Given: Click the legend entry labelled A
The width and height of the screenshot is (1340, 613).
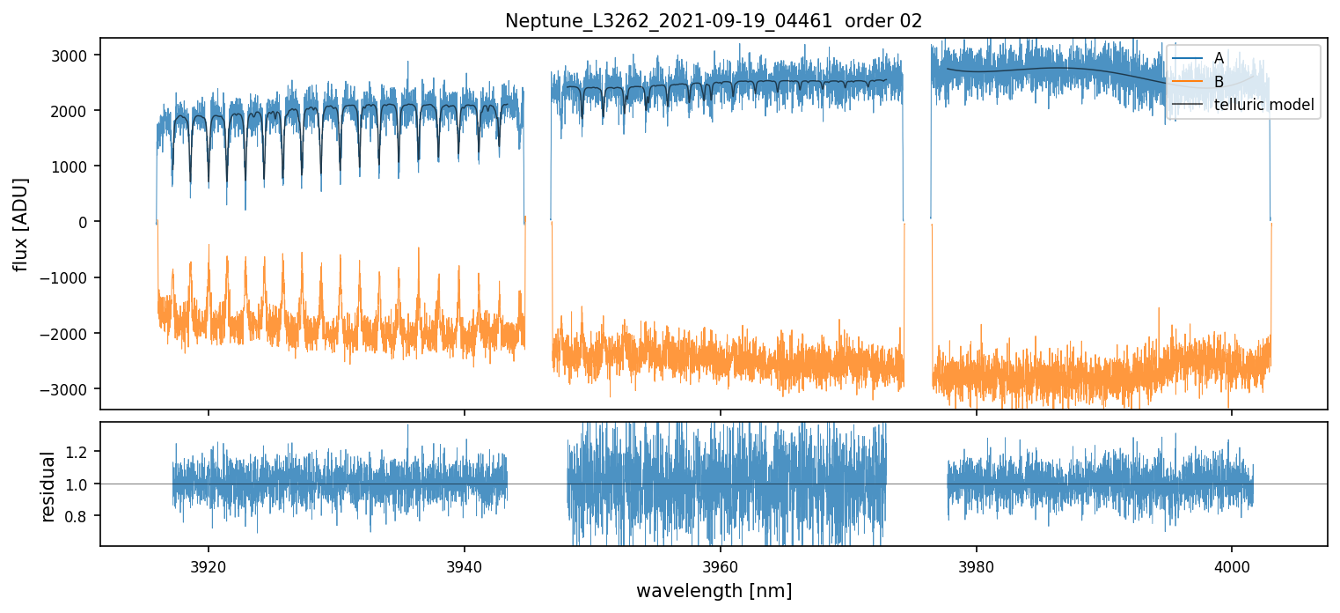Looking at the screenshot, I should (x=1219, y=58).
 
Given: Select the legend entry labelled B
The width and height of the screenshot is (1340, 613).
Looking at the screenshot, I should (x=1219, y=82).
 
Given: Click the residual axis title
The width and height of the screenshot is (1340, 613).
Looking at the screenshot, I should (x=48, y=485).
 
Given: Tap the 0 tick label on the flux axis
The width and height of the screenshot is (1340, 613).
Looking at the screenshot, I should (x=84, y=222).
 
